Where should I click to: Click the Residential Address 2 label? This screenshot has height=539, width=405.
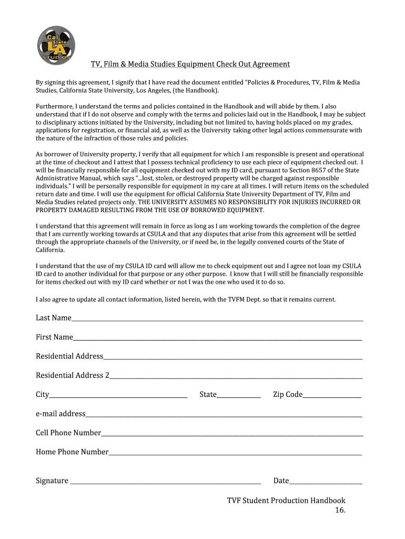coord(72,375)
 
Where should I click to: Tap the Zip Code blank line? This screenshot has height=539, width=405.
coord(332,395)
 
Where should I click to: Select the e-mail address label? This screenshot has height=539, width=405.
coord(60,414)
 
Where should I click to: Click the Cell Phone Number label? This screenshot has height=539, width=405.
coord(68,433)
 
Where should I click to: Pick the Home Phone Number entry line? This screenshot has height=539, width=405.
coord(235,453)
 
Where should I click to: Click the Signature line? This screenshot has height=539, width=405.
coord(165,481)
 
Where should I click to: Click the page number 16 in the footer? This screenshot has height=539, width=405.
coord(340,510)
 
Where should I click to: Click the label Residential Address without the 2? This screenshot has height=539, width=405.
coord(69,356)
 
